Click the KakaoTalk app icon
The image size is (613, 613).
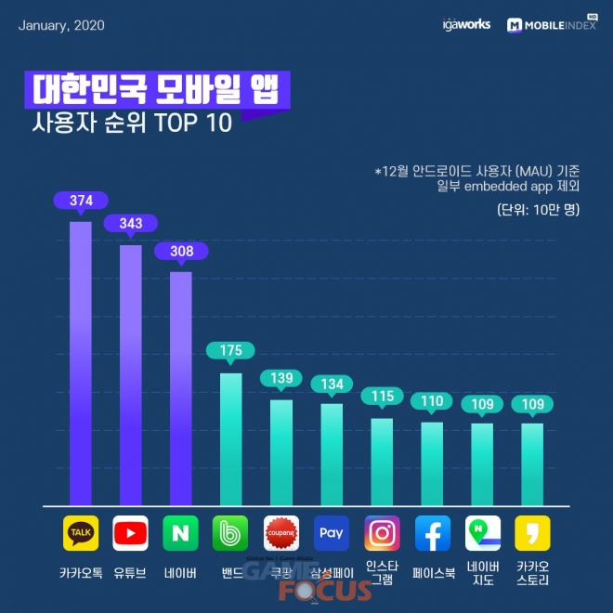81,533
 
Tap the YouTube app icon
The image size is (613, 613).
130,533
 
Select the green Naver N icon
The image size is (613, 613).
180,533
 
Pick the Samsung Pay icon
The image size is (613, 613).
332,533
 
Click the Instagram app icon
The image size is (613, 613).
382,533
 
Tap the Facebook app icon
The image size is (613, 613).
432,533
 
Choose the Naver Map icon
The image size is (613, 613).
482,533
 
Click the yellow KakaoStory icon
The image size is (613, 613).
532,533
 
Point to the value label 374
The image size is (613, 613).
81,201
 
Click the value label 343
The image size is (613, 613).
131,224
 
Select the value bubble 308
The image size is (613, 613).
181,251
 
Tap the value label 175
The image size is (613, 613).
231,350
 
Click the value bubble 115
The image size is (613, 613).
382,396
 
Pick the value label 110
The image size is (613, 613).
432,401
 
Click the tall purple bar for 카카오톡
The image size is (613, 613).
81,362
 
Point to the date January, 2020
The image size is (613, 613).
61,25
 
